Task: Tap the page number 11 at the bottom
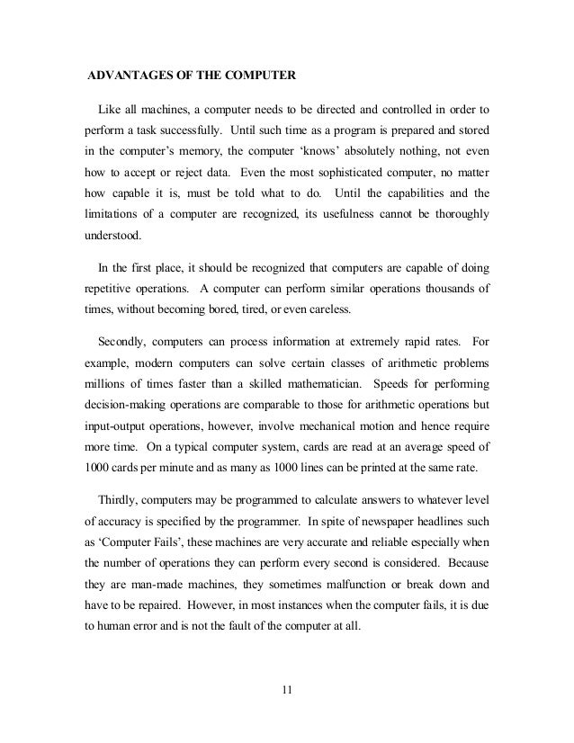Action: pyautogui.click(x=287, y=691)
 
